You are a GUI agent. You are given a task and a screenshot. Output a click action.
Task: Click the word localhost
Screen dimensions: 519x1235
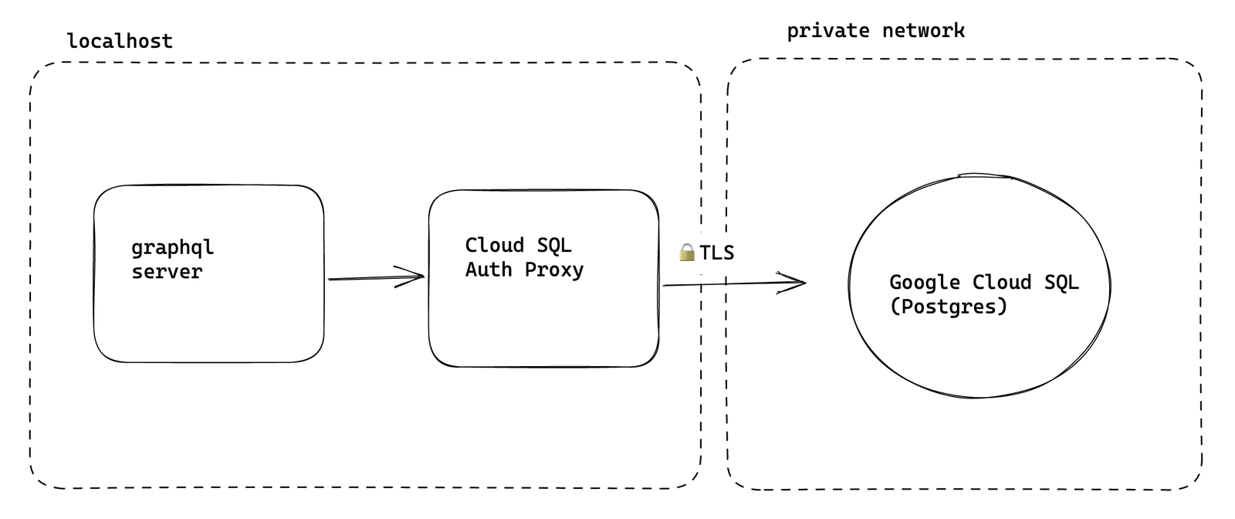120,41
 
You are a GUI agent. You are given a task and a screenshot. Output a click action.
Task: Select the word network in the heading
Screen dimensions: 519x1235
923,31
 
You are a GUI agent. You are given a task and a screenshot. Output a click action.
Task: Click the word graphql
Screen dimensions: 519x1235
172,248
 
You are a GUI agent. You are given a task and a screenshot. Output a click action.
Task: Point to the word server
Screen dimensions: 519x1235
167,272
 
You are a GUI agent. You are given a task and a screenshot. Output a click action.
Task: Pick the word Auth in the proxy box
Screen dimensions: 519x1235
488,270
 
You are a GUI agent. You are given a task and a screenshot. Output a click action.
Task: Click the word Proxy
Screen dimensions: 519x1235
554,270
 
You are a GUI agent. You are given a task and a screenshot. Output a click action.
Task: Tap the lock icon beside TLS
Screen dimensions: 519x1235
687,253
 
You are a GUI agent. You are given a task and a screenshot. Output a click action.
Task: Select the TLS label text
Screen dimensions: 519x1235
716,253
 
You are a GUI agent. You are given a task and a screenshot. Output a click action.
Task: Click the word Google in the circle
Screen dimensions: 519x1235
924,283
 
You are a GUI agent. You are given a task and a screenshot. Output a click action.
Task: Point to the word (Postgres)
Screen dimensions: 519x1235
949,307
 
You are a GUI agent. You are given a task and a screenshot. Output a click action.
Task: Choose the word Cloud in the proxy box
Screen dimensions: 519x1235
494,246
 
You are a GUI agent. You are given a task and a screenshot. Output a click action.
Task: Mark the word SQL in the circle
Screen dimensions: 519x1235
1061,283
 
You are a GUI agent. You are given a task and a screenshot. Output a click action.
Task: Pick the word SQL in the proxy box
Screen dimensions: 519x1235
554,246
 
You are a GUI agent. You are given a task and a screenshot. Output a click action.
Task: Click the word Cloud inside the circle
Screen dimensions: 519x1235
1001,283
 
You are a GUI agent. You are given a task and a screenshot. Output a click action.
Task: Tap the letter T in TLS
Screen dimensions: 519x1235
706,253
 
